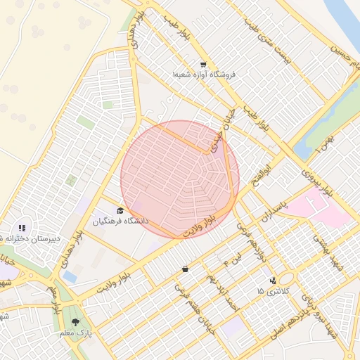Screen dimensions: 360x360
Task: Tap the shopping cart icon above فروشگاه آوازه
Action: pos(203,63)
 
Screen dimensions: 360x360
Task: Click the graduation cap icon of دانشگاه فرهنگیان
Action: pos(120,210)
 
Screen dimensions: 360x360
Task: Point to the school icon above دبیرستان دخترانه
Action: pos(22,228)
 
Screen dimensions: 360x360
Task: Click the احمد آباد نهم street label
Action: pos(221,288)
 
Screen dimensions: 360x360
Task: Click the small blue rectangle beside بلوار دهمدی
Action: pos(70,277)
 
